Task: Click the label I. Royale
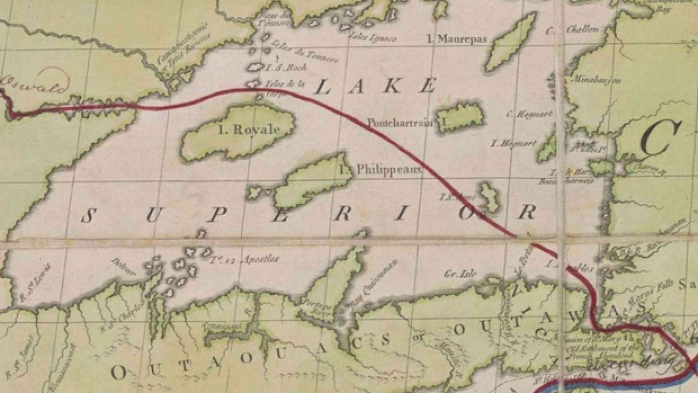point(249,130)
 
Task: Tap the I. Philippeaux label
point(381,170)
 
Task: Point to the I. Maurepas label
point(457,39)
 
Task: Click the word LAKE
point(375,86)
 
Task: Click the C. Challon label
point(573,30)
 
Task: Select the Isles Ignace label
point(372,38)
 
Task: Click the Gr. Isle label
point(460,273)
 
